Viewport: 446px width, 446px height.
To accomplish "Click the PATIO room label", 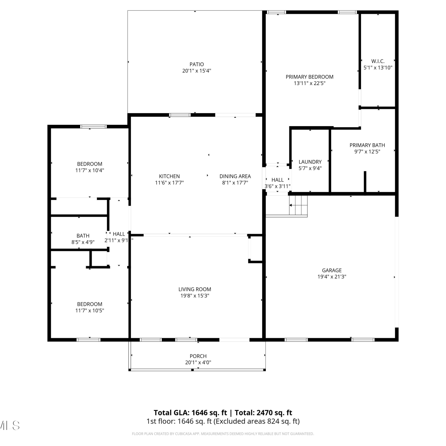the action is tap(197, 64).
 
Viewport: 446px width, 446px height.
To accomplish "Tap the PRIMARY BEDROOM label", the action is tap(310, 77).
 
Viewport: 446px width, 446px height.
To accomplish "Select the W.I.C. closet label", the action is tap(378, 61).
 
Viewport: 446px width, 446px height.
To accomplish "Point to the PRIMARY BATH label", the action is tap(367, 145).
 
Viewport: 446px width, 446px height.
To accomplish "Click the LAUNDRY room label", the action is tap(310, 162).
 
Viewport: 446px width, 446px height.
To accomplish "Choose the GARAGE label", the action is tap(332, 270).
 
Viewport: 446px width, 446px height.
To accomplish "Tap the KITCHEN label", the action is tap(169, 176).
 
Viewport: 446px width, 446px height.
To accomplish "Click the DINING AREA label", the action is tap(235, 176).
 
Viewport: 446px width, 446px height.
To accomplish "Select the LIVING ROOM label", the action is tap(195, 289).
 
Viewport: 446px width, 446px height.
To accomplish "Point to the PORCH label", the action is tap(198, 356).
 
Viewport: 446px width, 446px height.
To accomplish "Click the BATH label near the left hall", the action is tap(83, 236).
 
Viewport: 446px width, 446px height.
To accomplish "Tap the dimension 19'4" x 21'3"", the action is tap(332, 277).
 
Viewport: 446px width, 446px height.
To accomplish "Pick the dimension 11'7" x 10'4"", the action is tap(89, 170).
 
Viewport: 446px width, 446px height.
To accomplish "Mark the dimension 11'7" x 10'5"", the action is tap(89, 310).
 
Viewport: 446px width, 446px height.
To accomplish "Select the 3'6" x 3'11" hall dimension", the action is tap(277, 186).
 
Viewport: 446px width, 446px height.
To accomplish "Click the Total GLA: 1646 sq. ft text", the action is tap(190, 413).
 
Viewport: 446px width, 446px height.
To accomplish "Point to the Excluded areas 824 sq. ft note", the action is tap(257, 421).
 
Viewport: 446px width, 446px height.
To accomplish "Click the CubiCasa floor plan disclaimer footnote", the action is tap(223, 434).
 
